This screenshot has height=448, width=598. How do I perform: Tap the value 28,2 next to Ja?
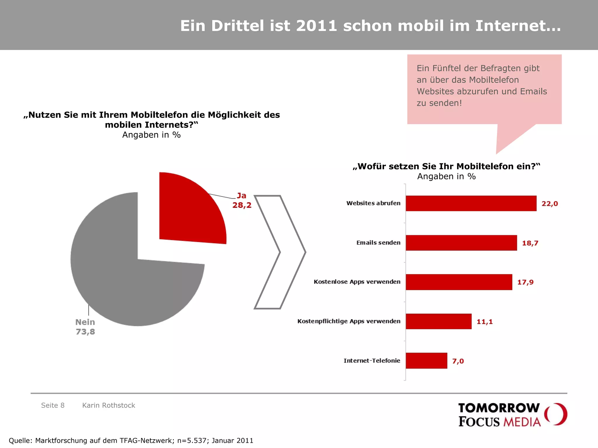click(242, 205)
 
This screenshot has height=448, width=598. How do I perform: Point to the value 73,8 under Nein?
click(85, 332)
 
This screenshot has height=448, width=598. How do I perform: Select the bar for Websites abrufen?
click(471, 203)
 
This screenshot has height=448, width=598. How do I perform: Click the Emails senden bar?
click(461, 243)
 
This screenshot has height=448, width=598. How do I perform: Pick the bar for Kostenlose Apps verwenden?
click(459, 282)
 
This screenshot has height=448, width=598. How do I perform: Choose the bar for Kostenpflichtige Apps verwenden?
click(438, 321)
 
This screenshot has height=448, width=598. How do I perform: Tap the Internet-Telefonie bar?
click(426, 361)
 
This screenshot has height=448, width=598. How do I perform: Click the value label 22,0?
click(550, 204)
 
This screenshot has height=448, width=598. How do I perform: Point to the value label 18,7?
click(530, 243)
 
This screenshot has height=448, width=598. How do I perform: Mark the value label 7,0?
click(458, 361)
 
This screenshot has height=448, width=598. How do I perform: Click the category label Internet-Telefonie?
click(372, 360)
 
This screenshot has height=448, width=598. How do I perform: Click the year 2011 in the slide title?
click(317, 26)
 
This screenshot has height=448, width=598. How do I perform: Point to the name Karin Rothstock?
click(109, 405)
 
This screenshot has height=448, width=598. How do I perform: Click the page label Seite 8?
click(53, 405)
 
